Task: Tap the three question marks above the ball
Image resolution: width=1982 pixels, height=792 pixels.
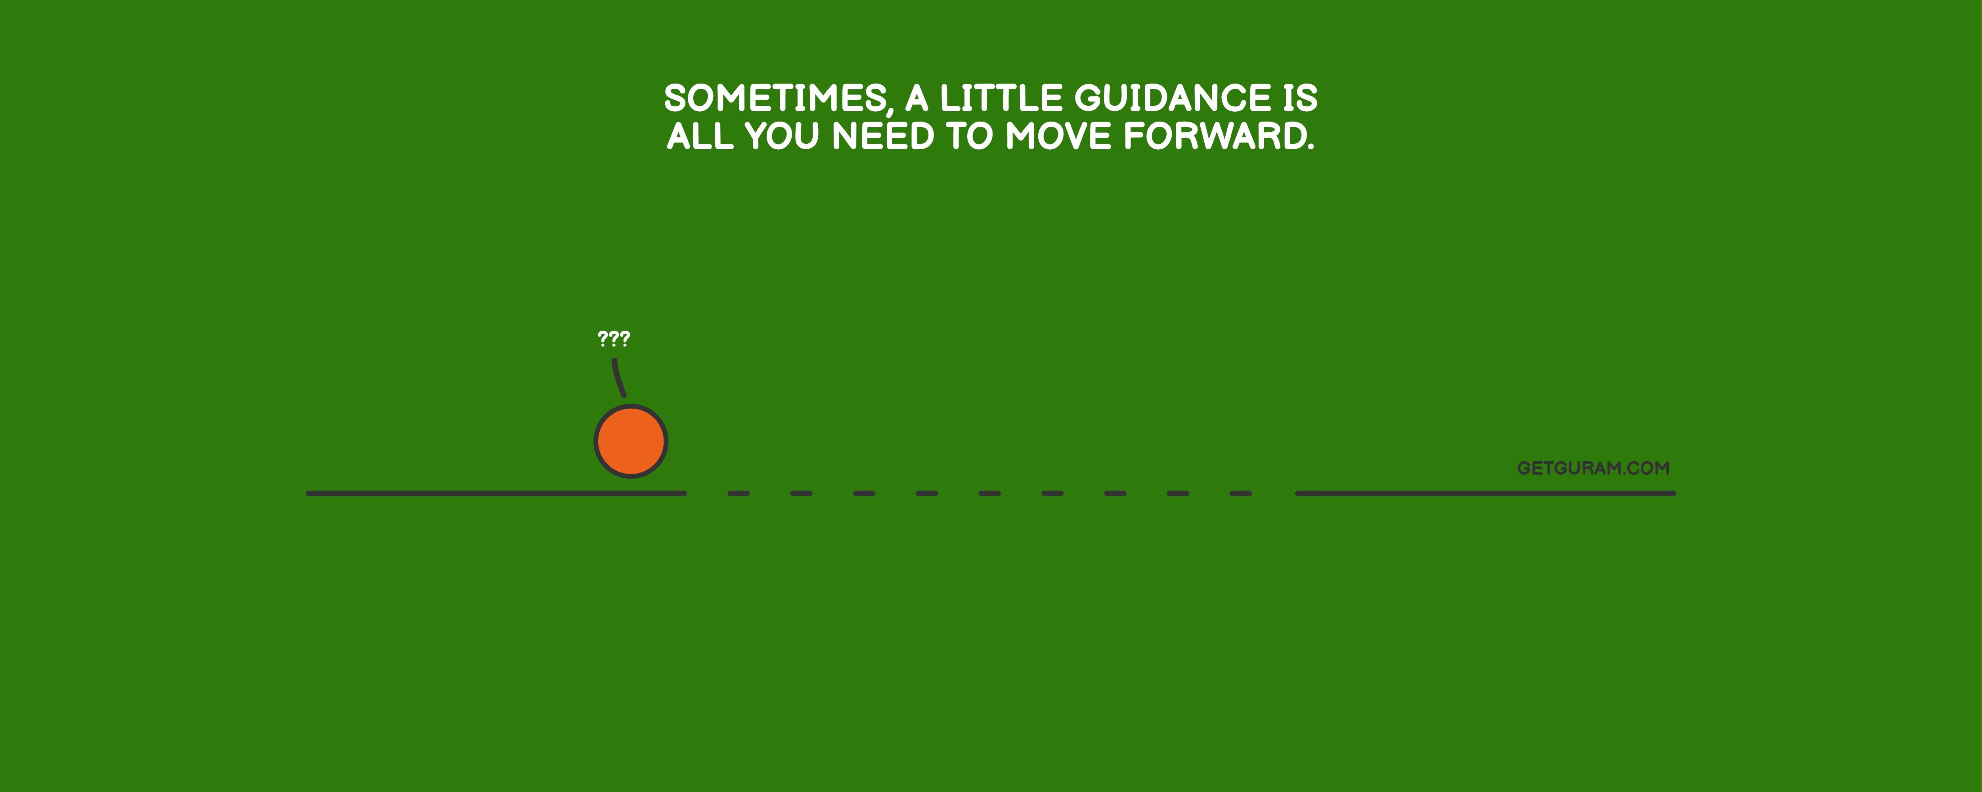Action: point(614,338)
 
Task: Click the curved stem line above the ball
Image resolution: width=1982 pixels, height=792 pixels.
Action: point(619,377)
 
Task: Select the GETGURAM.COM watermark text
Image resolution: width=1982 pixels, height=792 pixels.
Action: point(1593,468)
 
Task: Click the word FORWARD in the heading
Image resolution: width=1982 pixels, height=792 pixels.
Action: point(1219,136)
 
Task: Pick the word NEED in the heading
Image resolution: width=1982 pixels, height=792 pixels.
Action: point(883,136)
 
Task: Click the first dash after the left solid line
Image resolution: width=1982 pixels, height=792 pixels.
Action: point(738,493)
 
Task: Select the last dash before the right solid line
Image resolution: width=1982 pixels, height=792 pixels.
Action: point(1240,493)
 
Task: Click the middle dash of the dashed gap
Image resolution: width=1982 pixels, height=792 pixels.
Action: point(989,493)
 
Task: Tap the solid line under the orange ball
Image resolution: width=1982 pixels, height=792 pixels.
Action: point(496,493)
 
